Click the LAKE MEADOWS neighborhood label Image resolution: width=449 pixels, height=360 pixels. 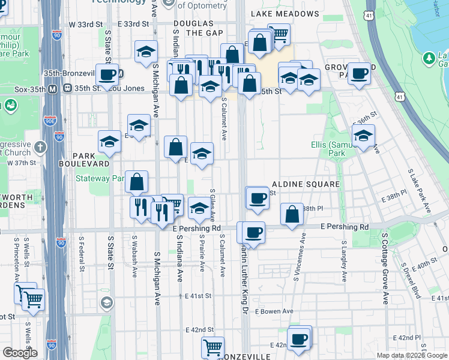point(285,13)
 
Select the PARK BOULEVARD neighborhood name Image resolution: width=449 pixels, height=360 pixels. point(84,163)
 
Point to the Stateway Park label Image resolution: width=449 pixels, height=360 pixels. point(100,178)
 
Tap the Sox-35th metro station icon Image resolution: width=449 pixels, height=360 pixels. point(53,89)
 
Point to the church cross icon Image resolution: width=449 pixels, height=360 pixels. point(40,146)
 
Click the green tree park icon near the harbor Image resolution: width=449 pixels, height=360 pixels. point(429,58)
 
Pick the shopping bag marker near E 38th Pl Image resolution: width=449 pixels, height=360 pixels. point(292,215)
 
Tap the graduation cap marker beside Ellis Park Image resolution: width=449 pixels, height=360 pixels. point(363,136)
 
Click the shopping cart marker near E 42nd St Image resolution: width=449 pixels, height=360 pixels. point(212,347)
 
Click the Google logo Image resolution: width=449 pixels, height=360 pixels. point(19,353)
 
